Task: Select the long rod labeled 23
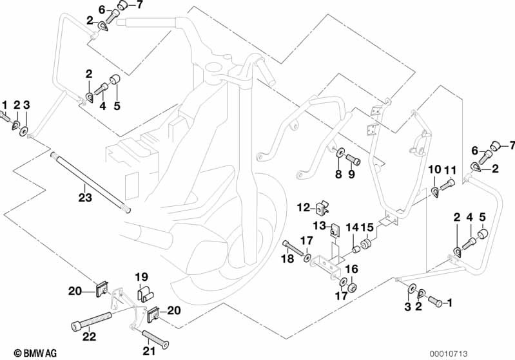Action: pos(90,182)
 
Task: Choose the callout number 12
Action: pos(302,207)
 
